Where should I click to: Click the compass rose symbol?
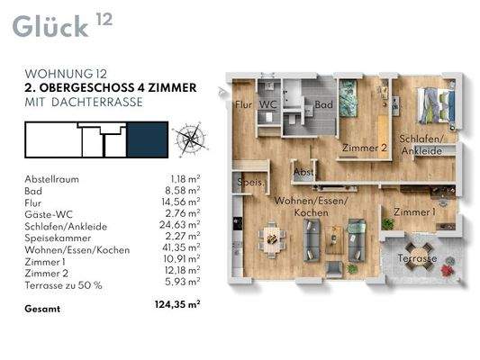coord(190,139)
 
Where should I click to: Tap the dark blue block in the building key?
coord(148,139)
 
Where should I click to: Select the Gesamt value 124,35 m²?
coord(177,305)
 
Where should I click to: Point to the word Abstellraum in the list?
coord(51,179)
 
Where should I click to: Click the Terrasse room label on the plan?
coord(417,259)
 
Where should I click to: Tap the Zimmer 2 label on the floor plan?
coord(365,148)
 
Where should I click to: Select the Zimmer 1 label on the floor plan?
coord(414,212)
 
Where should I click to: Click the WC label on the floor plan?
coord(267,105)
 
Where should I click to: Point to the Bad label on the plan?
coord(323,105)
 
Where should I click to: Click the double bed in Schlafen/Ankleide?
coord(436,105)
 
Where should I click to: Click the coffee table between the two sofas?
coord(334,239)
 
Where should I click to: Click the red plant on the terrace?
coord(448,271)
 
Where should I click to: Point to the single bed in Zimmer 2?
coord(349,98)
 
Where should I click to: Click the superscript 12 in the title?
coord(104,19)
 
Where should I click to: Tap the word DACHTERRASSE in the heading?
coord(97,103)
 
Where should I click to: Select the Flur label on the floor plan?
coord(244,105)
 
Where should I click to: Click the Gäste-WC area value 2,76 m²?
coord(183,212)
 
